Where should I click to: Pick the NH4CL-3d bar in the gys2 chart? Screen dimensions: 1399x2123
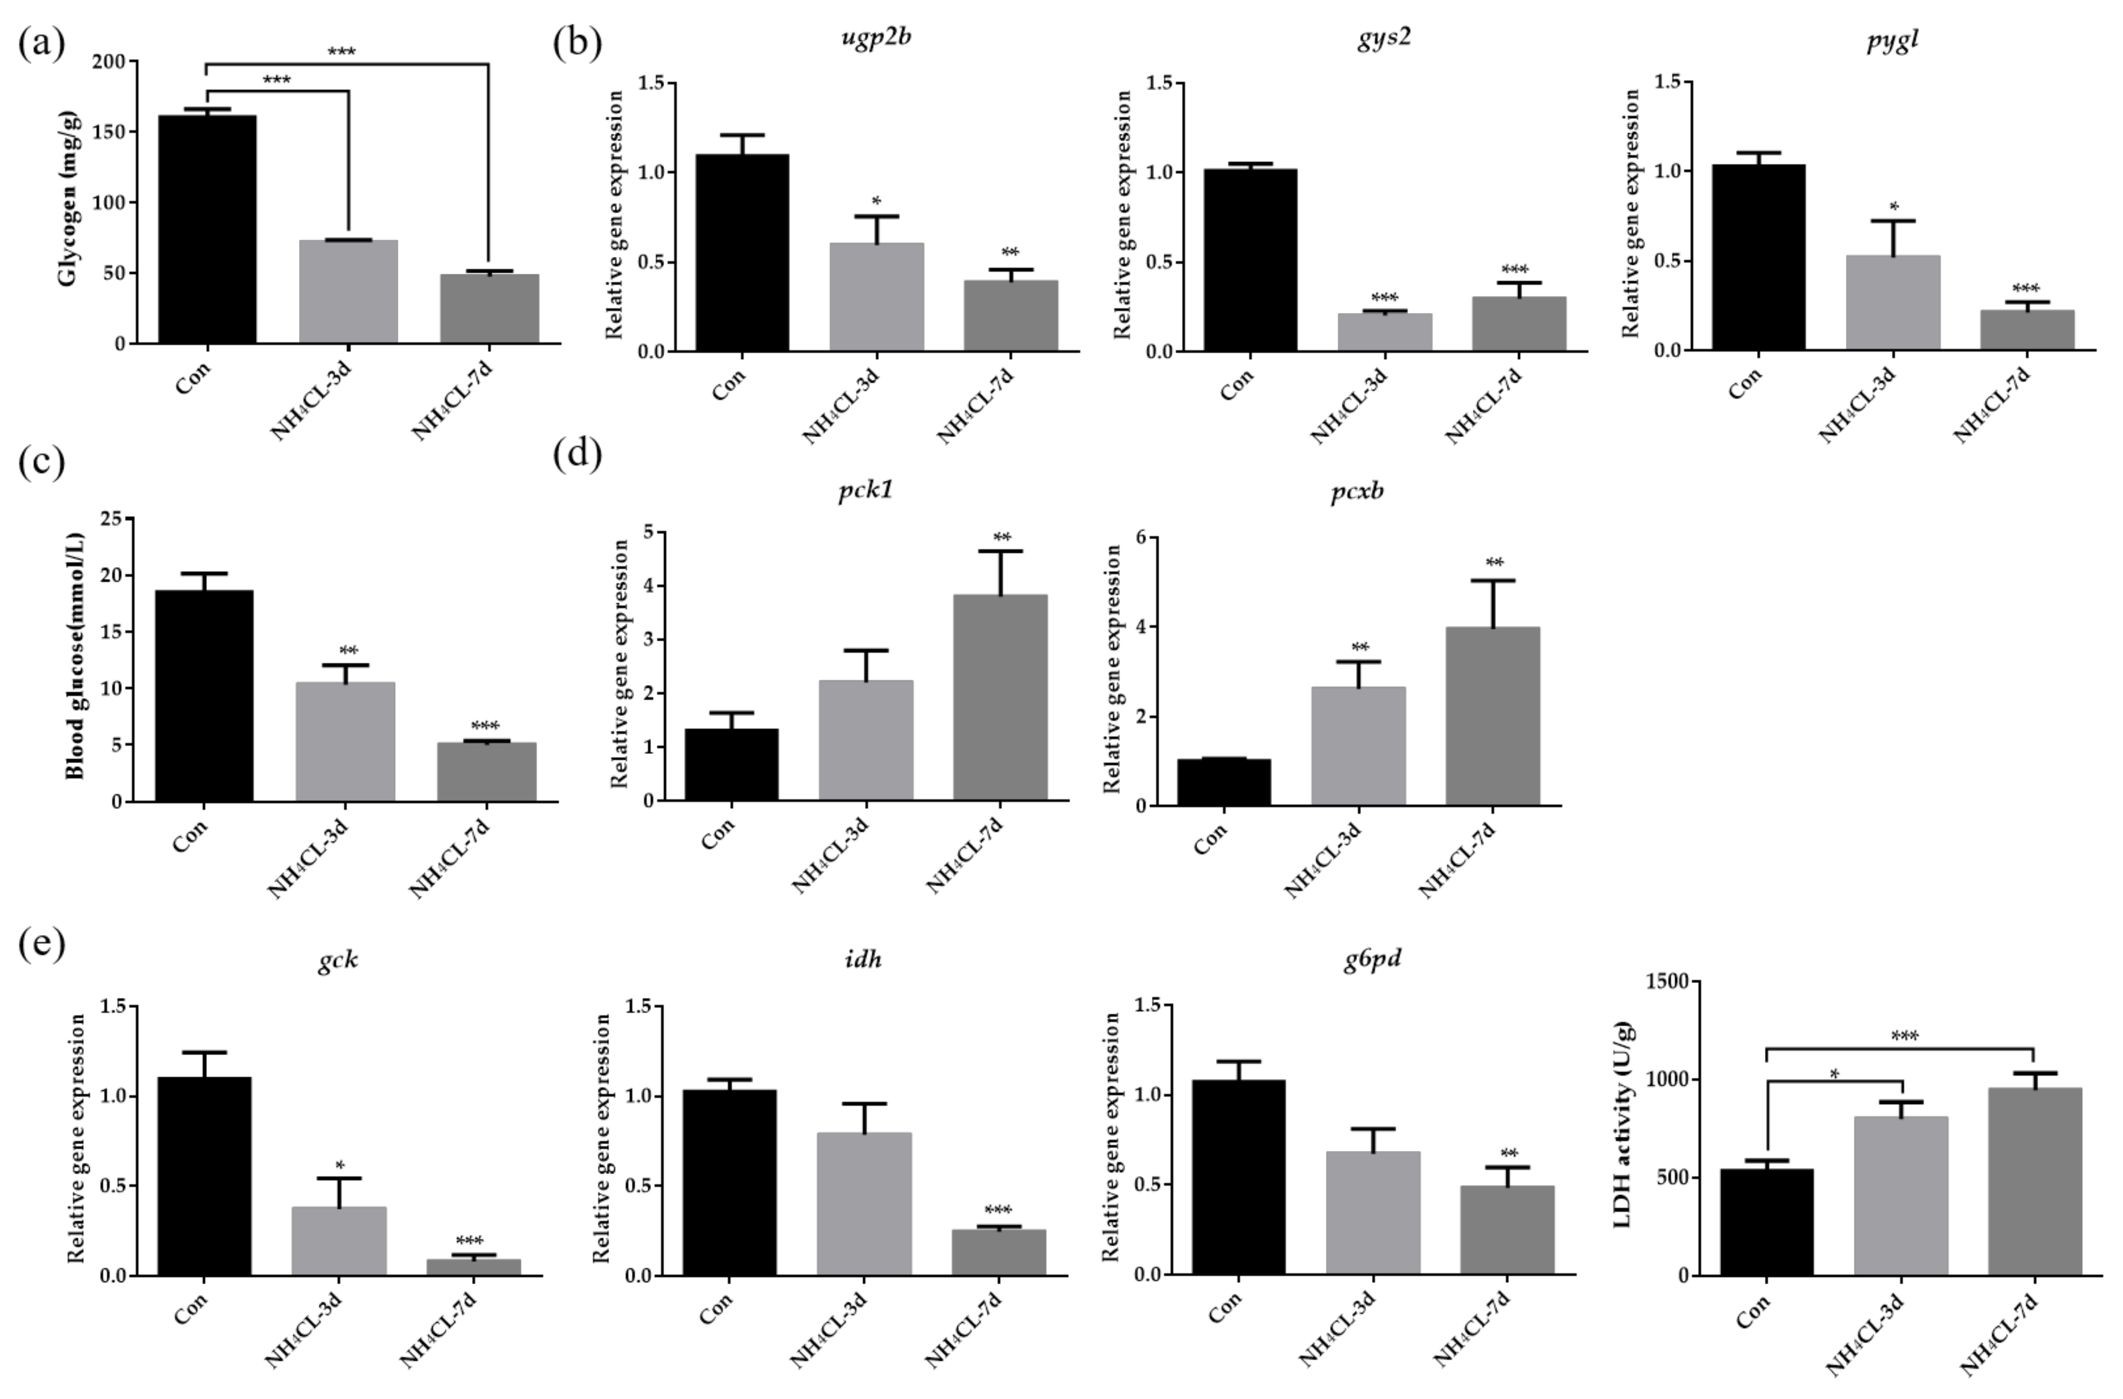[1384, 332]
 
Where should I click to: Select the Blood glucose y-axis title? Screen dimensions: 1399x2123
[76, 656]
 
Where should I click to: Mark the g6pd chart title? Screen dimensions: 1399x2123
[1371, 959]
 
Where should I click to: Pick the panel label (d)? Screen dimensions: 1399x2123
[577, 454]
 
